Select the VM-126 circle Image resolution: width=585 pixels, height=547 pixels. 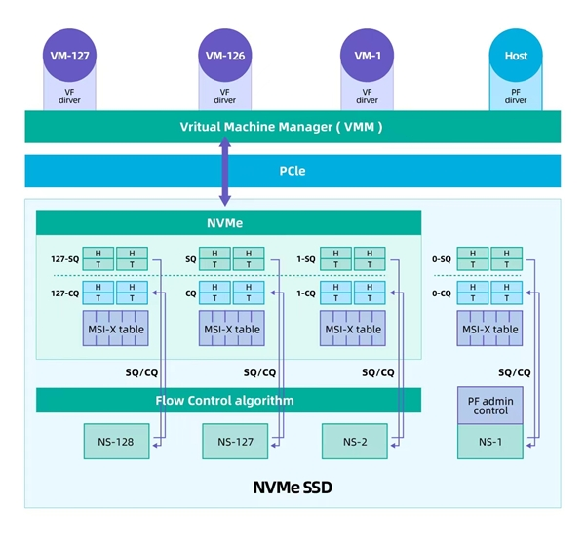224,56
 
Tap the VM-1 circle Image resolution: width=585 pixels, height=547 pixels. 367,56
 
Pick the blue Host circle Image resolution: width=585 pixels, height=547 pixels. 516,56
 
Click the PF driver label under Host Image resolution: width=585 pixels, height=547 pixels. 516,96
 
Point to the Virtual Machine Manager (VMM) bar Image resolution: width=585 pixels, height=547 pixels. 292,127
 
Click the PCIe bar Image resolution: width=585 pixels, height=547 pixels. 292,171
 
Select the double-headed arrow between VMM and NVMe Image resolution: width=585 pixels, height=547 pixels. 224,172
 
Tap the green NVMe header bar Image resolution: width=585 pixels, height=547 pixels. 228,222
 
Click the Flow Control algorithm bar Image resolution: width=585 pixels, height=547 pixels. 228,400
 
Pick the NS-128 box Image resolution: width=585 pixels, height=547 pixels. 115,441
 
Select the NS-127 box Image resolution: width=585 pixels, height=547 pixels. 235,441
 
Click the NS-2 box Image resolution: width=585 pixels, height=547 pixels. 354,441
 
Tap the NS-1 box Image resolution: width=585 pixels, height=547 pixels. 490,442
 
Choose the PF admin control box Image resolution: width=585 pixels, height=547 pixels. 490,405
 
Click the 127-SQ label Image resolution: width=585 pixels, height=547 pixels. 64,260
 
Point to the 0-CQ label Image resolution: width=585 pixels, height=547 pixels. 441,293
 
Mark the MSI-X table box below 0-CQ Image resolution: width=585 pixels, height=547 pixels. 491,330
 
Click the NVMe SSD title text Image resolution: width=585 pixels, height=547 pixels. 292,487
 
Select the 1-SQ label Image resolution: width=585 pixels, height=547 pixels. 305,260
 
